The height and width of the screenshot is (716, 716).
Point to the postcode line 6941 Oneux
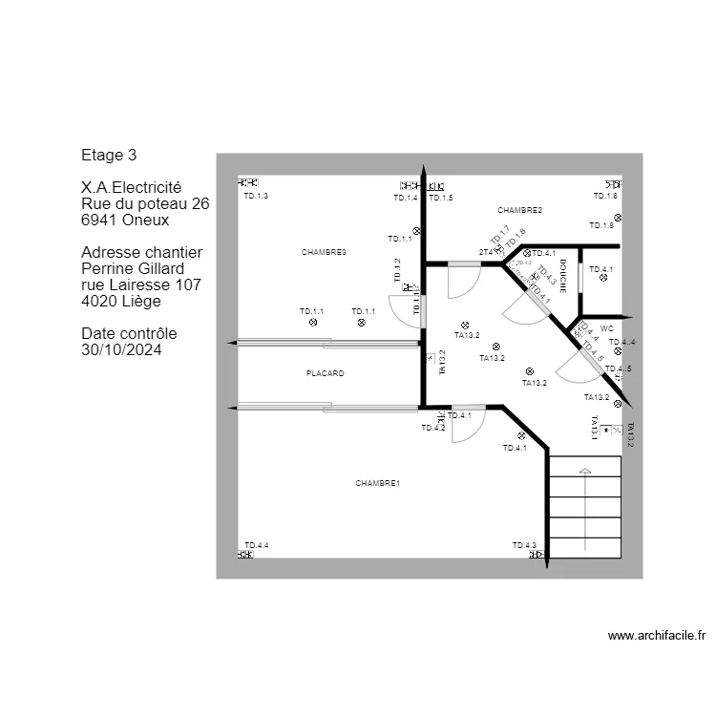coord(125,220)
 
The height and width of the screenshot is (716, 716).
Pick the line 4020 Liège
coord(121,301)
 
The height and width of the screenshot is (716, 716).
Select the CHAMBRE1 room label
coord(377,484)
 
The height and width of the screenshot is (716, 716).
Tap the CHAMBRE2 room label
coord(519,210)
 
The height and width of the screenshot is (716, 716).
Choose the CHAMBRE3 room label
coord(324,252)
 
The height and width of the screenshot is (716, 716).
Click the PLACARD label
coord(325,373)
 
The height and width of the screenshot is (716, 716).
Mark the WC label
coord(606,327)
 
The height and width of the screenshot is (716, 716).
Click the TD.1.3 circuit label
coord(256,196)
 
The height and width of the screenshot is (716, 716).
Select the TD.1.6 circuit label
coord(605,196)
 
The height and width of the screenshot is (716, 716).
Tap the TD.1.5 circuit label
coord(440,198)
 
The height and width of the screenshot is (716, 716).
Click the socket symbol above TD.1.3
coord(248,183)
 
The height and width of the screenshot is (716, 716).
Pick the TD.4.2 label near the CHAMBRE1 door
coord(433,429)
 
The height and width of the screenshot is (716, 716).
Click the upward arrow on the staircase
coord(584,471)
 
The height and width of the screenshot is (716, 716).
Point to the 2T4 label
coord(485,252)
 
